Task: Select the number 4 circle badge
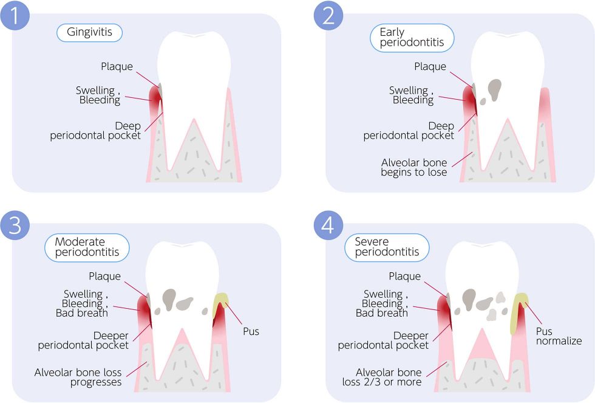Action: (328, 225)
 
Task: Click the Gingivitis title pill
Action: (89, 33)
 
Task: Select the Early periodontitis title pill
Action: (412, 38)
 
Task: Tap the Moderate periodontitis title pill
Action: (87, 247)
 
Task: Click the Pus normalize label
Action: (559, 336)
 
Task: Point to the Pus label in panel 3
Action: (251, 332)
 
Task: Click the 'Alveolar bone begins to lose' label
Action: (414, 167)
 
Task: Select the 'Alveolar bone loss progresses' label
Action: (78, 377)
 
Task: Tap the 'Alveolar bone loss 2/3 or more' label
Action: (389, 377)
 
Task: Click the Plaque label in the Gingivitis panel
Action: (117, 67)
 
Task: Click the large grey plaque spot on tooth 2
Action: (495, 89)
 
